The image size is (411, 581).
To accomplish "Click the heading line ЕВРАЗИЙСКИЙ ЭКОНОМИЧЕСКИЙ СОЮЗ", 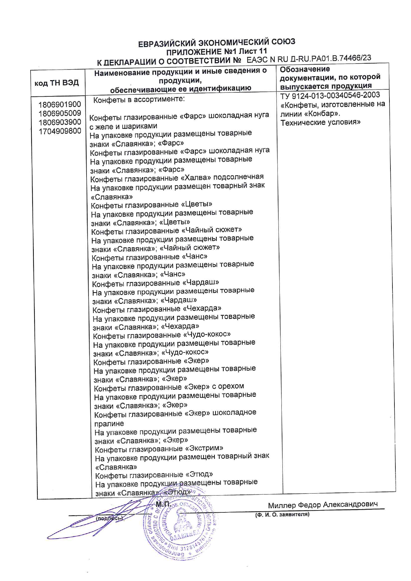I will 216,42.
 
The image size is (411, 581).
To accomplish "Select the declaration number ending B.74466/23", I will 309,59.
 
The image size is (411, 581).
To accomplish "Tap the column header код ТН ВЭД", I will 57,83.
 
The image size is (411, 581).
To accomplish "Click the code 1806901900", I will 60,105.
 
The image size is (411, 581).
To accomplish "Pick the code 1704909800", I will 60,131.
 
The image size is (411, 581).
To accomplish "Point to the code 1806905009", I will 60,113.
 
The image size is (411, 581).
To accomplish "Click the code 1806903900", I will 60,122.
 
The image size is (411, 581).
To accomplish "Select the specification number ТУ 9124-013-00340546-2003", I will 330,95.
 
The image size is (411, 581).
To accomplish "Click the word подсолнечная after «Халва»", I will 238,177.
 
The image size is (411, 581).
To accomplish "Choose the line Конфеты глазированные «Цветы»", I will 151,204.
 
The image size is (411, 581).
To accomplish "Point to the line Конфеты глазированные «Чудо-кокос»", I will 161,335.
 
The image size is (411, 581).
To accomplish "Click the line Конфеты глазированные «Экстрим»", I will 159,449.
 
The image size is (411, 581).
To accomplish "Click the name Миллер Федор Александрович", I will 323,505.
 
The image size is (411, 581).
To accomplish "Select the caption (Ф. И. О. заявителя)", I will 282,514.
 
